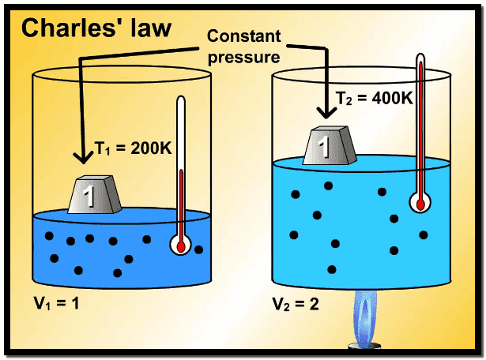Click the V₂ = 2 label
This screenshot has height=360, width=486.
click(296, 302)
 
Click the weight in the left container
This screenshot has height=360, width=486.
click(93, 196)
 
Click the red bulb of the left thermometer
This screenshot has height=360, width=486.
click(181, 246)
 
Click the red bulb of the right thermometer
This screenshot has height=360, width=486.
click(420, 202)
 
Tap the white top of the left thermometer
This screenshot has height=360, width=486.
click(181, 107)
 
